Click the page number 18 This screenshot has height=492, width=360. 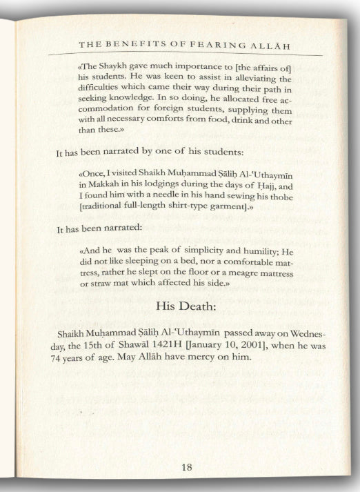pos(186,466)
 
